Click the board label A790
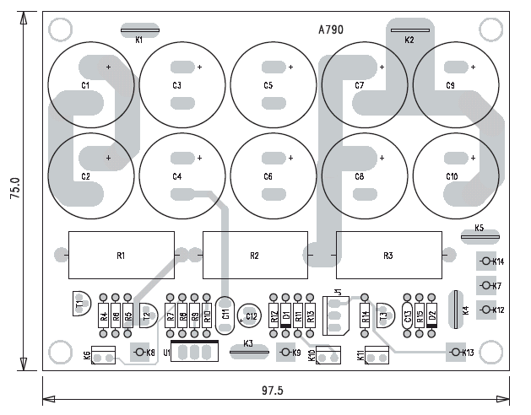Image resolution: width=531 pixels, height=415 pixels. [x=331, y=29]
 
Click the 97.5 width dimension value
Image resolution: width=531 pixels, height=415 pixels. [x=271, y=391]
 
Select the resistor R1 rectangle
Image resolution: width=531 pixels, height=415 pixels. [x=121, y=255]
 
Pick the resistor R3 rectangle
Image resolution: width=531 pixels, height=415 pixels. [x=388, y=255]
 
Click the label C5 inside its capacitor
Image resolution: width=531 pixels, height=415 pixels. [x=268, y=85]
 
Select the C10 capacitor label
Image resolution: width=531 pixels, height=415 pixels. [x=451, y=176]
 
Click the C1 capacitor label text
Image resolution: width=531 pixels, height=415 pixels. [x=85, y=85]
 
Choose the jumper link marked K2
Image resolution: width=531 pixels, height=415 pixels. [x=411, y=30]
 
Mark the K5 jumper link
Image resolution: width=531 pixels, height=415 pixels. [x=480, y=237]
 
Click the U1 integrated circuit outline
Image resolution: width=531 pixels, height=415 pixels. [x=195, y=352]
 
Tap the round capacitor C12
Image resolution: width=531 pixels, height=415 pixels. [x=248, y=315]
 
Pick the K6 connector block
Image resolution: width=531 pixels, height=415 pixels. [x=103, y=357]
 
